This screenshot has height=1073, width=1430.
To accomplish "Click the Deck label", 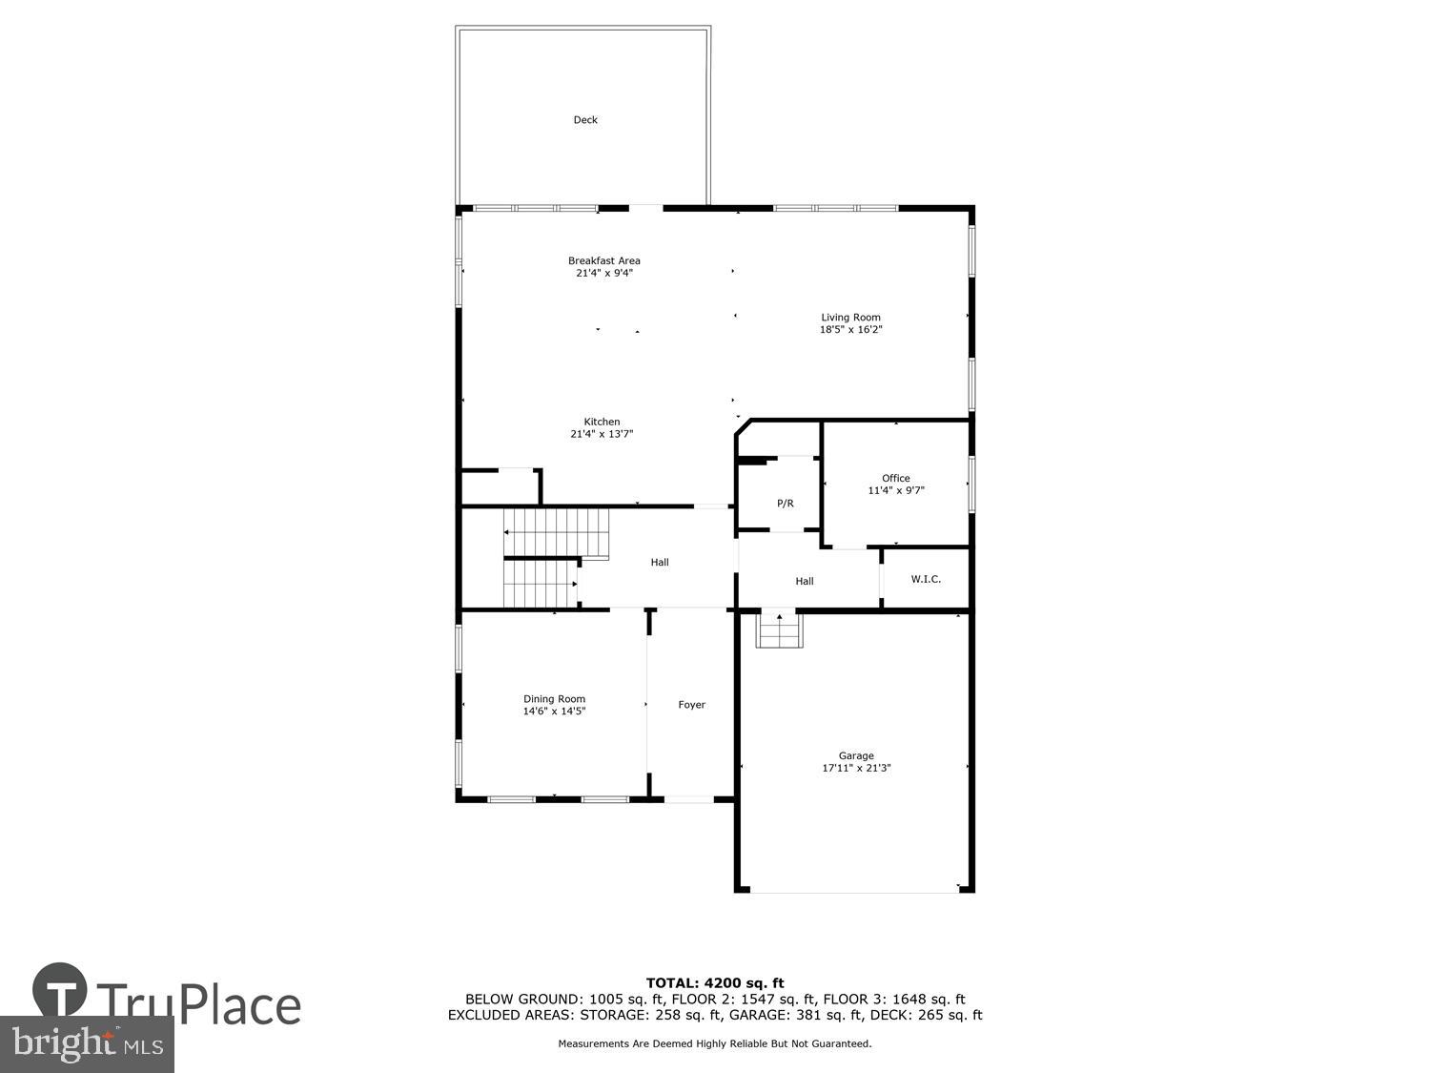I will click(585, 120).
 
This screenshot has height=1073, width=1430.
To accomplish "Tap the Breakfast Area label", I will click(604, 260).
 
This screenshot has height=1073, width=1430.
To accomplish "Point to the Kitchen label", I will click(602, 422).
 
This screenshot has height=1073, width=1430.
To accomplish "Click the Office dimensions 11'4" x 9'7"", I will click(896, 490).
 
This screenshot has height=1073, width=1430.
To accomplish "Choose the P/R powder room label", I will click(786, 504).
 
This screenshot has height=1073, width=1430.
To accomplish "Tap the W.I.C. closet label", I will click(926, 579).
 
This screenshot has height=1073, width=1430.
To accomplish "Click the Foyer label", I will click(692, 705).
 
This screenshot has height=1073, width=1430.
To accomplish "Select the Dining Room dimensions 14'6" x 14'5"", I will click(554, 712).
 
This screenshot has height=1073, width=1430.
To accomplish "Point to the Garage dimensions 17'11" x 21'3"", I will click(856, 768).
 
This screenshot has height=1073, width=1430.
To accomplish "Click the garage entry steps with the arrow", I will click(780, 630).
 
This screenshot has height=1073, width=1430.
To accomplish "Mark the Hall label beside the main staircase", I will click(660, 563).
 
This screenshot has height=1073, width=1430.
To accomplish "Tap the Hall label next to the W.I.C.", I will click(805, 581).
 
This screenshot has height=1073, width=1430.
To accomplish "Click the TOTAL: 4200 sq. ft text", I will click(715, 982).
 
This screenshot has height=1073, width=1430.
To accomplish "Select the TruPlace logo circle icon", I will click(60, 992).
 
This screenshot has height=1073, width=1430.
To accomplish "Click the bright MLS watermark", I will click(87, 1043).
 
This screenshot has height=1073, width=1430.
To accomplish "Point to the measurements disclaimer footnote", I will click(715, 1044).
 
